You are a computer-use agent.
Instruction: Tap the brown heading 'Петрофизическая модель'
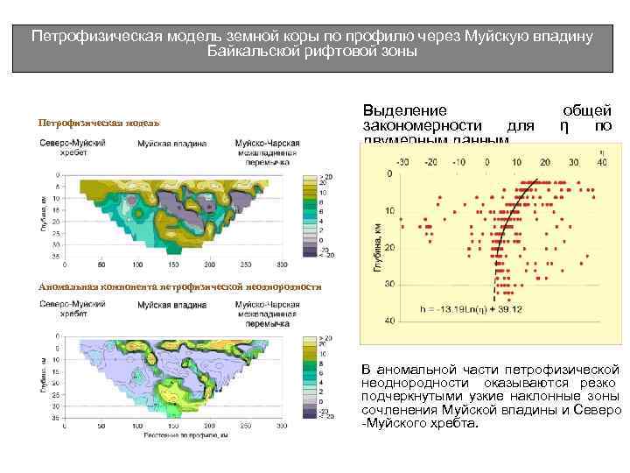tap(99, 123)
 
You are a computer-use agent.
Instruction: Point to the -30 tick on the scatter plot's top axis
tap(402, 162)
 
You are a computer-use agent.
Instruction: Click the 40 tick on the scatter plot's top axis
tap(574, 162)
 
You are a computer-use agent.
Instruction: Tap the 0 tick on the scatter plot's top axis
tap(488, 162)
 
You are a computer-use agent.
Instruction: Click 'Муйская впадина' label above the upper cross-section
tap(171, 143)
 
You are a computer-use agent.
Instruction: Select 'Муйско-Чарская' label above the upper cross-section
tap(267, 143)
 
